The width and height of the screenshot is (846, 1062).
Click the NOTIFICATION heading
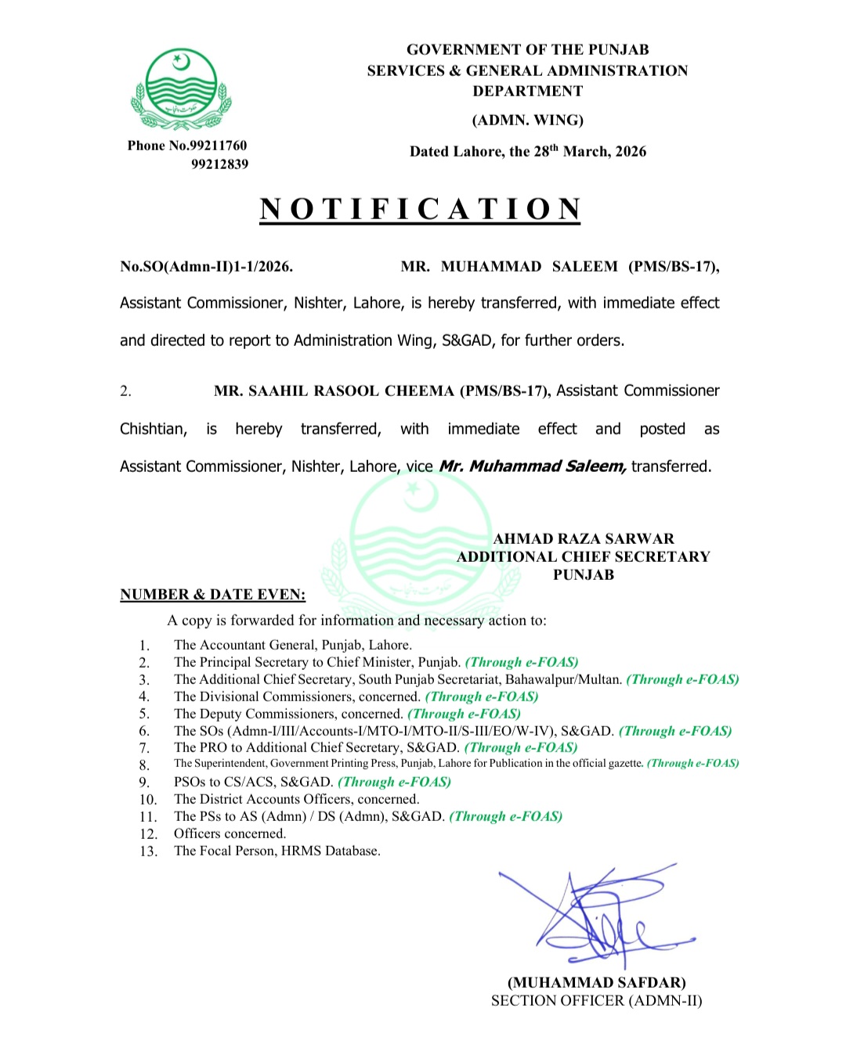[421, 209]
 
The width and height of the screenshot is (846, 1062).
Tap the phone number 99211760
[219, 146]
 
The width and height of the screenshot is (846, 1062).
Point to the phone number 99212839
[219, 164]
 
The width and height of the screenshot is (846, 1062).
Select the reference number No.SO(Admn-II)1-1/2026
[206, 267]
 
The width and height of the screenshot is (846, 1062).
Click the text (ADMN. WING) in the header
[527, 121]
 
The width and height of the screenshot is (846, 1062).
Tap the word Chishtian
[152, 429]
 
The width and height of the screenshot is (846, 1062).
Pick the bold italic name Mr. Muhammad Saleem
[532, 466]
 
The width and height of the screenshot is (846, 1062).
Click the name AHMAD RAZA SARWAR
[584, 538]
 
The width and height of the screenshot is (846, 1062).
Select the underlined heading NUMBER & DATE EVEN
[212, 595]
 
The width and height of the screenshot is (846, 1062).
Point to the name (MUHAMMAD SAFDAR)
[596, 983]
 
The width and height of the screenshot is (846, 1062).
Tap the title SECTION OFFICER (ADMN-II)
[596, 1001]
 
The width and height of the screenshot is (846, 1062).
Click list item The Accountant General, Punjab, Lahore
[292, 645]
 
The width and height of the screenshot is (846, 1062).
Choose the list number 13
[148, 851]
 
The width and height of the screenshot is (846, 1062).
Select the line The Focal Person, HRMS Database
[277, 851]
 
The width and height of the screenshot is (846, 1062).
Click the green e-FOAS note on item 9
[394, 782]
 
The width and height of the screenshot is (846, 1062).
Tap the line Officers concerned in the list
[230, 833]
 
